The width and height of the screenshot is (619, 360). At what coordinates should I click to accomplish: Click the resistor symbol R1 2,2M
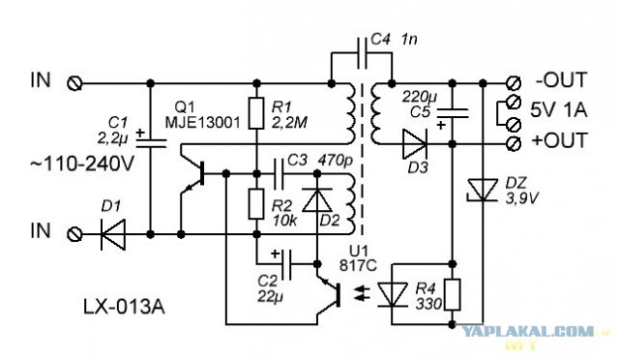[256, 113]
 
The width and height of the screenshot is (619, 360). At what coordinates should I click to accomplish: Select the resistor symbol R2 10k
[256, 204]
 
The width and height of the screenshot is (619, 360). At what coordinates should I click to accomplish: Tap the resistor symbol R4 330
[453, 294]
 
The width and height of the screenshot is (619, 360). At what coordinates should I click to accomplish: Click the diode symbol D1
[113, 234]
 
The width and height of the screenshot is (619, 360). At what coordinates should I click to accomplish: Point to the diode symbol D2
[317, 200]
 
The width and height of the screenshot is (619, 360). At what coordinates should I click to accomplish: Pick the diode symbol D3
[415, 144]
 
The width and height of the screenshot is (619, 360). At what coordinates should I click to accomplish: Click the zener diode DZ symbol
[483, 191]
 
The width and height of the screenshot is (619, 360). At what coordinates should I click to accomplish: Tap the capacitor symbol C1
[151, 139]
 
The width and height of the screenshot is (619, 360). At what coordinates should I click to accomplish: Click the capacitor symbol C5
[453, 114]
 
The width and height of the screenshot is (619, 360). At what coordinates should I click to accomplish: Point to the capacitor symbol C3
[279, 174]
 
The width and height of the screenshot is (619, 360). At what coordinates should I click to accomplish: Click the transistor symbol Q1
[192, 174]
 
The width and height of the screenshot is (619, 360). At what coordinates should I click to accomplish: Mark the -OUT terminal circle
[514, 83]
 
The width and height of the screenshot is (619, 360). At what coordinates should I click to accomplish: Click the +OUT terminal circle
[514, 143]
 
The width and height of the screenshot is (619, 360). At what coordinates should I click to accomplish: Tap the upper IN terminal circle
[74, 83]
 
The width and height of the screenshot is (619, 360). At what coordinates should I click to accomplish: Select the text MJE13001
[202, 123]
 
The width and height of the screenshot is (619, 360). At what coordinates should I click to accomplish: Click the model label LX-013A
[124, 307]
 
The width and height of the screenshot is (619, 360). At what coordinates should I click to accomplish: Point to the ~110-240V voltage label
[82, 164]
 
